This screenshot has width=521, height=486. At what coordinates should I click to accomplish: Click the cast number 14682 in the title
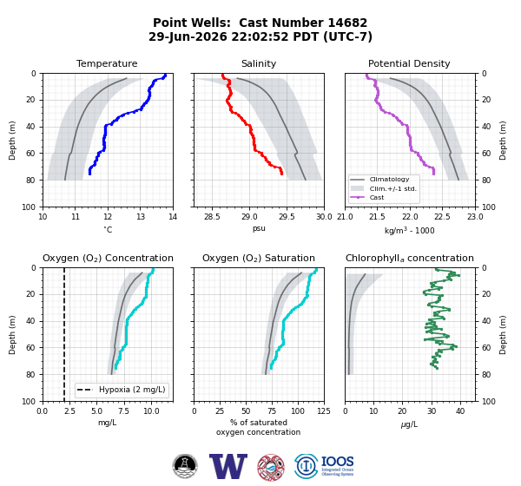pyautogui.click(x=347, y=23)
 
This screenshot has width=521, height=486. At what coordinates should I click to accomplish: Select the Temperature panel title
pyautogui.click(x=107, y=63)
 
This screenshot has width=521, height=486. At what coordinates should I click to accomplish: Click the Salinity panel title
pyautogui.click(x=259, y=63)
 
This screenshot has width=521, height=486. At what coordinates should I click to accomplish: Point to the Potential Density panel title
pyautogui.click(x=409, y=63)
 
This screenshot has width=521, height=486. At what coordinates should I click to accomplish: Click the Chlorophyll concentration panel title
pyautogui.click(x=410, y=258)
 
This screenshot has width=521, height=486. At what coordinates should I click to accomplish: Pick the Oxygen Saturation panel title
pyautogui.click(x=259, y=258)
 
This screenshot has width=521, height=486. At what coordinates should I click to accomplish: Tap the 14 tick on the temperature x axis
pyautogui.click(x=173, y=217)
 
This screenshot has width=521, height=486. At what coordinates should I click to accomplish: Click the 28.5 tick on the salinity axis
pyautogui.click(x=212, y=217)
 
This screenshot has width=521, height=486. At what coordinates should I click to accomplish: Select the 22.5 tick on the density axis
pyautogui.click(x=442, y=217)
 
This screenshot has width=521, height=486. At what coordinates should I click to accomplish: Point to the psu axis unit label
pyautogui.click(x=259, y=229)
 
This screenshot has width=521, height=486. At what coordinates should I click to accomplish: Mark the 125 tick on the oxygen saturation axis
pyautogui.click(x=324, y=411)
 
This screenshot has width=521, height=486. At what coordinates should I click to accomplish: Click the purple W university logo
pyautogui.click(x=228, y=466)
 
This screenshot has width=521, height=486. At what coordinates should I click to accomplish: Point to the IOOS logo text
pyautogui.click(x=337, y=462)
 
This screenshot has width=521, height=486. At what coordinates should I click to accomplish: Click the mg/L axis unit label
pyautogui.click(x=108, y=423)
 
